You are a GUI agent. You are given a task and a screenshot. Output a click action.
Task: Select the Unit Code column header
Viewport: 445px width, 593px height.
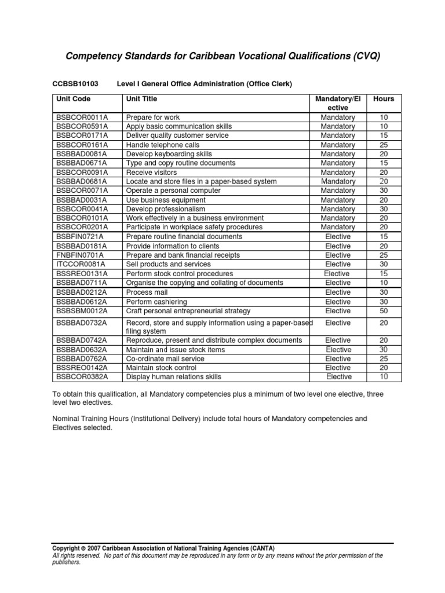click(x=73, y=99)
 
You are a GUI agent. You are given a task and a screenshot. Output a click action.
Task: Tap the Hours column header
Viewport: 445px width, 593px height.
click(x=384, y=99)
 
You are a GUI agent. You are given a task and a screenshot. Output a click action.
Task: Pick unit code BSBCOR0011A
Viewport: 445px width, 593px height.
click(x=82, y=117)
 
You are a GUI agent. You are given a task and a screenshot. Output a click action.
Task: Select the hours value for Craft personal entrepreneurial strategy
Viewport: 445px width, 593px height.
click(x=384, y=311)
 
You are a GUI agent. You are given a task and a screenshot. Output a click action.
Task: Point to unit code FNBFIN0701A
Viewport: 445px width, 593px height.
click(x=81, y=255)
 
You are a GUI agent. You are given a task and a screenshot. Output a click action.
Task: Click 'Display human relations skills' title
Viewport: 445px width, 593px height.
click(x=173, y=377)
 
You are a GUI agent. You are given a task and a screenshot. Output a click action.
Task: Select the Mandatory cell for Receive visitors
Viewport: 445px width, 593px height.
click(x=338, y=173)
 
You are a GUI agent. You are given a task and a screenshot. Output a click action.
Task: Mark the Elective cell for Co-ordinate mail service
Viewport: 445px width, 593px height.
click(x=338, y=358)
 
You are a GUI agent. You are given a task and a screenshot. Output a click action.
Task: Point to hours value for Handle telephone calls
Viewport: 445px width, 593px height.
click(x=384, y=145)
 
